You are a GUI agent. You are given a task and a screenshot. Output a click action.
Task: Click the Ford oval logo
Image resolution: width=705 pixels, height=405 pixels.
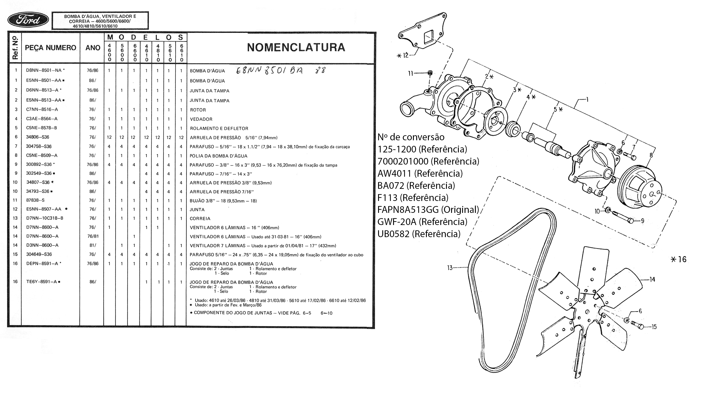tap(28, 20)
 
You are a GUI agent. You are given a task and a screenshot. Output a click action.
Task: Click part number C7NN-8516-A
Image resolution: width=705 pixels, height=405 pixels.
tap(42, 109)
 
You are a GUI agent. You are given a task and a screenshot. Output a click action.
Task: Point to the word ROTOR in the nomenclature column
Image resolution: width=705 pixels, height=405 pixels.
tap(198, 110)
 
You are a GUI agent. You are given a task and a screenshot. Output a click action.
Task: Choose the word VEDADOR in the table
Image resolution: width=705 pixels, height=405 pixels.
tap(201, 119)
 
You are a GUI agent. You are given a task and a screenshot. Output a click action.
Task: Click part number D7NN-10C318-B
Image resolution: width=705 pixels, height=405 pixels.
tap(45, 218)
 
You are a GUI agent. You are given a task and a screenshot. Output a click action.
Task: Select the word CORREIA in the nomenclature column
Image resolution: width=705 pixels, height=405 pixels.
tap(200, 219)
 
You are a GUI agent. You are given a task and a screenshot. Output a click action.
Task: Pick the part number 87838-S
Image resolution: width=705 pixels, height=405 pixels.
tap(35, 200)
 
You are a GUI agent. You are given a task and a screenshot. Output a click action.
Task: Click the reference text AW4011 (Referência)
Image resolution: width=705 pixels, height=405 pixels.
tap(420, 173)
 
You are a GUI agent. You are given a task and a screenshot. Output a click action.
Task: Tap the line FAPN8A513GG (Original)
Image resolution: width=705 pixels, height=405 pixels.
tap(428, 210)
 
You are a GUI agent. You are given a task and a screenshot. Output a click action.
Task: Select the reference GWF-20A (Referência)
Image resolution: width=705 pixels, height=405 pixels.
tap(422, 222)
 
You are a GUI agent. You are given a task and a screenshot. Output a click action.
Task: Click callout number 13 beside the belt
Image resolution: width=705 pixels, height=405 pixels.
tap(450, 268)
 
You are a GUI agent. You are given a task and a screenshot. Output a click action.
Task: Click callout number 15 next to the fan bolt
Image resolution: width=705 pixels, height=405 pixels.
tap(654, 326)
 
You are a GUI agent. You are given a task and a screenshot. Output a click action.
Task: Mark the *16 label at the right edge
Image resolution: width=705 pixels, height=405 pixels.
tap(679, 259)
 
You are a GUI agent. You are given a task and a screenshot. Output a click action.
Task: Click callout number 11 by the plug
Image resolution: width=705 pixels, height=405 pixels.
tap(411, 73)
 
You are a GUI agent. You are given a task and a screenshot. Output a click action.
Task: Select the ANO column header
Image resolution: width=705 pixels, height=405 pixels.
tap(93, 48)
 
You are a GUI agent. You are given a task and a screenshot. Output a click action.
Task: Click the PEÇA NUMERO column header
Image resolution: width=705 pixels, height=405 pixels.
tap(50, 48)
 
